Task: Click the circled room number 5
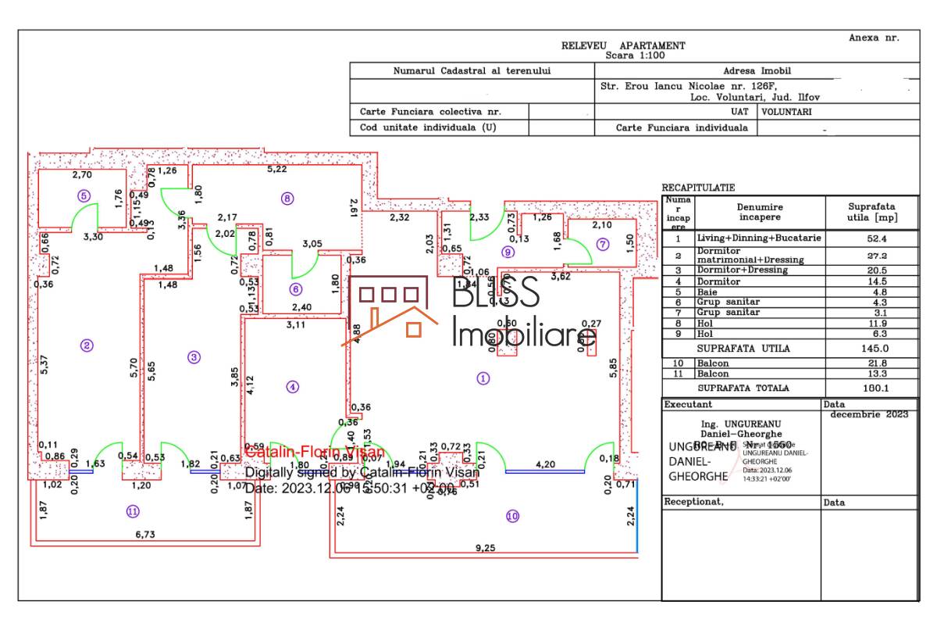tap(84, 196)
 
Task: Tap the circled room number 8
tap(287, 199)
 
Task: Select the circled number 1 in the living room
tap(483, 378)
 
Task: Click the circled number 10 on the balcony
tap(512, 516)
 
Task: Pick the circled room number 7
tap(602, 244)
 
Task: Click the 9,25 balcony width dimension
tap(485, 549)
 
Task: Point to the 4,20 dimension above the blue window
tap(545, 464)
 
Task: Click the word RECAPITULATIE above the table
tap(698, 188)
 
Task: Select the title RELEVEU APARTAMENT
tap(623, 46)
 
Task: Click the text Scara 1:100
tap(634, 55)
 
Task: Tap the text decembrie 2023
tap(869, 414)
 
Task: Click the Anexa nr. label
tap(874, 38)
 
